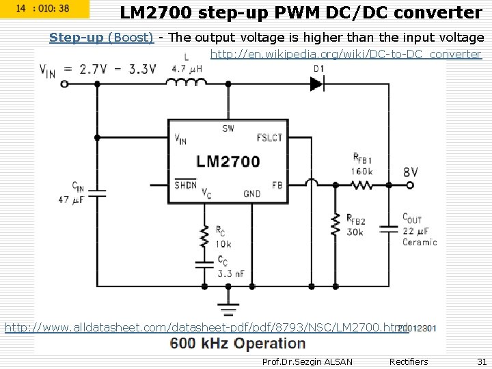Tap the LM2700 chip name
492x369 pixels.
tap(228, 161)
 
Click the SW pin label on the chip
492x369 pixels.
tap(228, 128)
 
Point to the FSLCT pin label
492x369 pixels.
tap(269, 137)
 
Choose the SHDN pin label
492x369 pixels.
tap(185, 184)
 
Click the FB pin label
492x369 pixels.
tap(277, 185)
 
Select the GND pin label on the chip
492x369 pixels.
tap(251, 193)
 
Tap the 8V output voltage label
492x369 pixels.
tap(411, 172)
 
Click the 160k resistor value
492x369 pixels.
tap(362, 172)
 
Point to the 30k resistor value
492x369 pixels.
tap(355, 232)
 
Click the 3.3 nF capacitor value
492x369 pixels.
tap(231, 273)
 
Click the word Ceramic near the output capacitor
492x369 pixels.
tap(420, 242)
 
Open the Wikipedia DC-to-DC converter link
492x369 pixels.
tap(346, 54)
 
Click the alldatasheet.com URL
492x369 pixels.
tap(205, 328)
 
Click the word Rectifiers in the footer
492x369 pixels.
tap(408, 361)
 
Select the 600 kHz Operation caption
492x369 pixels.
tap(238, 344)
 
